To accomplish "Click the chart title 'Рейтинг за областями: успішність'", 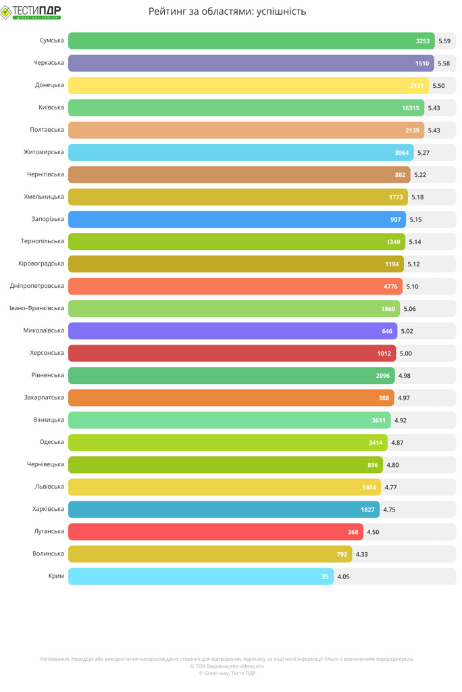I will tap(227, 11).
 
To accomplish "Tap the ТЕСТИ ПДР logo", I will tap(31, 11).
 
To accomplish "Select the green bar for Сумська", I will tap(236, 41).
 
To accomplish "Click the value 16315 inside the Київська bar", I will tap(410, 108).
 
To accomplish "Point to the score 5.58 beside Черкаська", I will tap(444, 64).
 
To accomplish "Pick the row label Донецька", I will tap(49, 85).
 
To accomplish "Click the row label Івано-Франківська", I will tap(36, 308).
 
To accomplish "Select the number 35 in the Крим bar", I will tap(325, 577).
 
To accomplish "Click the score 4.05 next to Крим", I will tap(343, 577).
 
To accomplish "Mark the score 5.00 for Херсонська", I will tap(405, 353).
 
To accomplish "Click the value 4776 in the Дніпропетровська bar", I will tap(390, 287).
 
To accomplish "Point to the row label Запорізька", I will tap(47, 219).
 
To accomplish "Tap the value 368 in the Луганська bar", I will tap(353, 533).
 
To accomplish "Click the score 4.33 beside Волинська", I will tap(362, 555).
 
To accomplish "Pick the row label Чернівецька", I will tap(45, 464).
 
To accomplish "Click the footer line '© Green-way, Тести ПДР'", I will tap(227, 673).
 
